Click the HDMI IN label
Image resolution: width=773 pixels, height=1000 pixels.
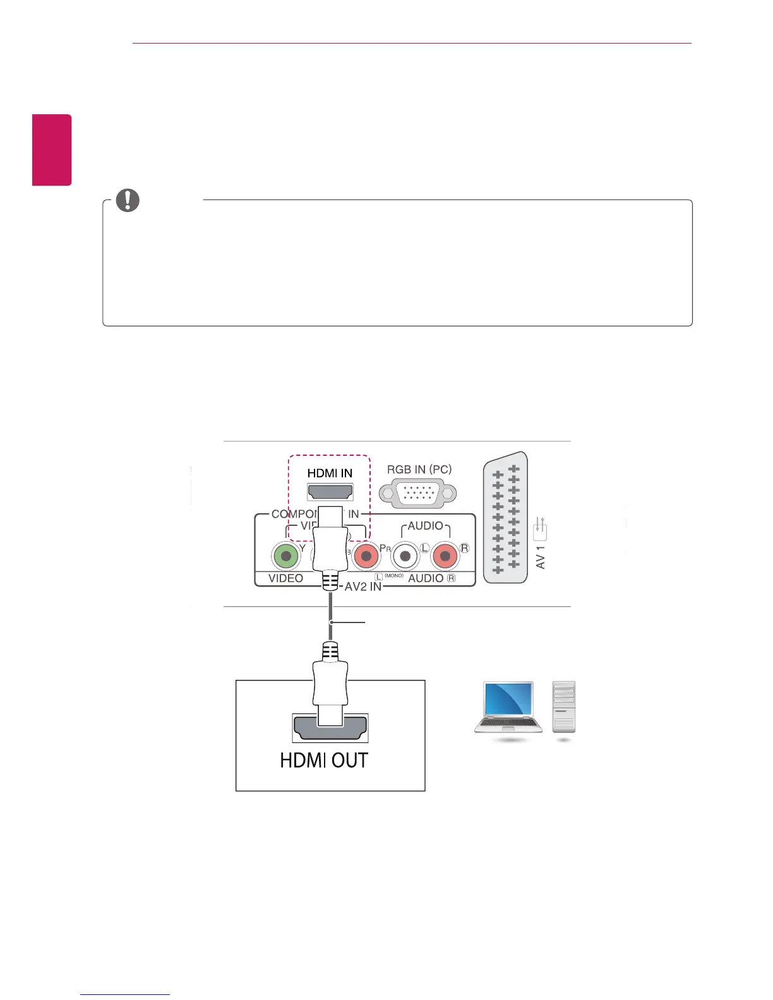(x=330, y=473)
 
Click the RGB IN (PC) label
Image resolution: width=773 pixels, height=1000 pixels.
(x=419, y=470)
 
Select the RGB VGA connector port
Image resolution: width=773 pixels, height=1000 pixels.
(x=417, y=493)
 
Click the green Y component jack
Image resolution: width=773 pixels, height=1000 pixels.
(x=285, y=557)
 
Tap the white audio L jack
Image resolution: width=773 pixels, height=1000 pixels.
(x=405, y=557)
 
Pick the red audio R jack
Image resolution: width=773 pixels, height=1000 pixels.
(x=445, y=557)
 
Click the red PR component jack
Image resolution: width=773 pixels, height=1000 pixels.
(x=366, y=557)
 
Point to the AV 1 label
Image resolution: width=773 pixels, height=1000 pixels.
(x=541, y=557)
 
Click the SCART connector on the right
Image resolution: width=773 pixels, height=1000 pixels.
(x=505, y=518)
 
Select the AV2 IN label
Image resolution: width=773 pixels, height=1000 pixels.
(x=363, y=586)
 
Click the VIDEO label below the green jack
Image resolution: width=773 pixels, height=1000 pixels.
(x=285, y=578)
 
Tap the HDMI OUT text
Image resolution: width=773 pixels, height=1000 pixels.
(x=324, y=761)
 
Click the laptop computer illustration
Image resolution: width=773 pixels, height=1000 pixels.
(x=508, y=708)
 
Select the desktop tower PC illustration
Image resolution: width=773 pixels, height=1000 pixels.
(x=564, y=707)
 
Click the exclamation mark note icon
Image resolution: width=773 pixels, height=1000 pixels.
(x=128, y=200)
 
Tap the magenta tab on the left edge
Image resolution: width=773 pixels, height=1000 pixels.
(x=52, y=150)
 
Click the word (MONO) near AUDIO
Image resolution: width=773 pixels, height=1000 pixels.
(x=394, y=576)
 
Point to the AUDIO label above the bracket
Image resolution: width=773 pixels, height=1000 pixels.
(x=425, y=526)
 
